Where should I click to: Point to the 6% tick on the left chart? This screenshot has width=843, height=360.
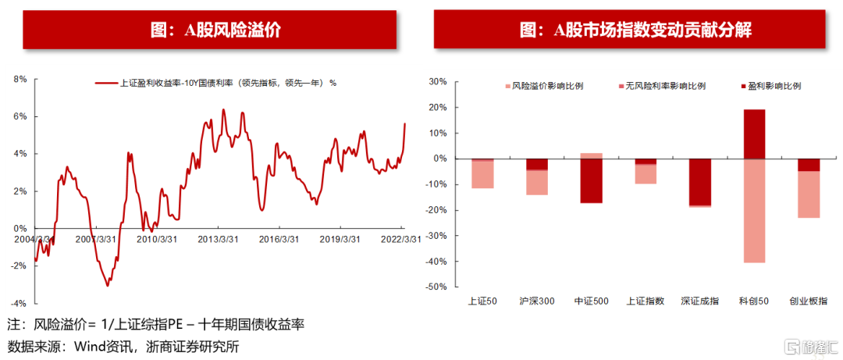20,116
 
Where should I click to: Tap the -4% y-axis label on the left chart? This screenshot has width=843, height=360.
19,304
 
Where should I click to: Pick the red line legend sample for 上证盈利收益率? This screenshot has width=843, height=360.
106,84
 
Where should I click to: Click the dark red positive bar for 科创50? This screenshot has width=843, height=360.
754,134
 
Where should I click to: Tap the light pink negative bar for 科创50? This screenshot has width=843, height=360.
754,211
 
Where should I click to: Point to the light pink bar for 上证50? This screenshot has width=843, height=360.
482,175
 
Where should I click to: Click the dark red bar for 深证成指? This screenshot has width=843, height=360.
699,183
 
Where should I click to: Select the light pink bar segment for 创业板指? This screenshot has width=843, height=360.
808,194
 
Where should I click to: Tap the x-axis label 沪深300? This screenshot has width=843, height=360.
536,301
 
